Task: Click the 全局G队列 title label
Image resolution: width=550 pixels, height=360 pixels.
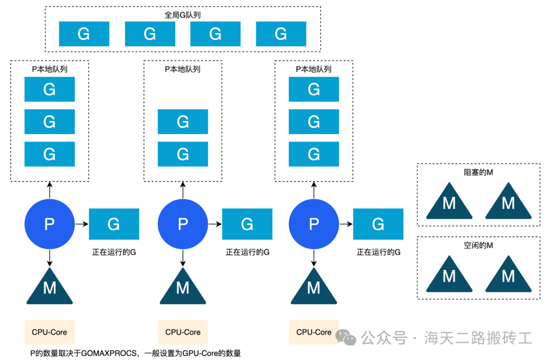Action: pyautogui.click(x=182, y=15)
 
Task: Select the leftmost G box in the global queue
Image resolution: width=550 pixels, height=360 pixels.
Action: pyautogui.click(x=84, y=34)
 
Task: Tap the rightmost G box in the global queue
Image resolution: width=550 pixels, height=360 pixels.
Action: pyautogui.click(x=281, y=34)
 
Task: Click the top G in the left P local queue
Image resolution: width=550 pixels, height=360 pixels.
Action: pyautogui.click(x=49, y=89)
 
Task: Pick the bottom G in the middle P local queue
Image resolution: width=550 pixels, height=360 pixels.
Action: pyautogui.click(x=183, y=154)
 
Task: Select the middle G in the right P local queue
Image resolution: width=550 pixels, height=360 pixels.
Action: pyautogui.click(x=314, y=122)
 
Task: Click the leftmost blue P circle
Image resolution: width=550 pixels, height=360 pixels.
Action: pyautogui.click(x=49, y=224)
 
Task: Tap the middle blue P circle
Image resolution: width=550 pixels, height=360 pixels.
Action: pyautogui.click(x=183, y=224)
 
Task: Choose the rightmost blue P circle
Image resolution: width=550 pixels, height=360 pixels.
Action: pyautogui.click(x=314, y=224)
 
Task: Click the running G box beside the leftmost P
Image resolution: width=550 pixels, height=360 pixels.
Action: pyautogui.click(x=114, y=224)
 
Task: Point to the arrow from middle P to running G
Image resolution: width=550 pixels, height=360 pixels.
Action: pyautogui.click(x=214, y=224)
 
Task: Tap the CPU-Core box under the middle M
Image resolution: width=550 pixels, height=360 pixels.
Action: pyautogui.click(x=183, y=332)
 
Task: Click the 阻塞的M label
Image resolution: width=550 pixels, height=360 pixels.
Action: pyautogui.click(x=478, y=173)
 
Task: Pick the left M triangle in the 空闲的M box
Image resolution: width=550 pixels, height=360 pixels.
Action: pyautogui.click(x=449, y=276)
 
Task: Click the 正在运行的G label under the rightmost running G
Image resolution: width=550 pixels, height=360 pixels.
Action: pyautogui.click(x=378, y=252)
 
